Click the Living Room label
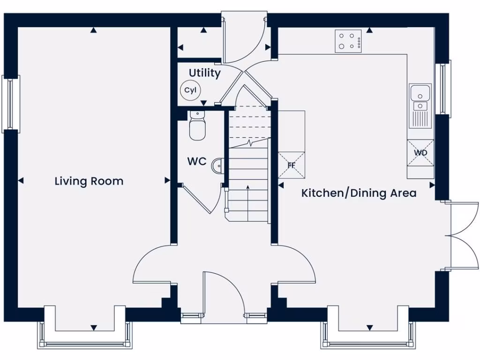89,181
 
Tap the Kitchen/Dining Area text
359,193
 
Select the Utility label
204,73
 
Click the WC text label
197,162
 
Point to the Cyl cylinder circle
190,90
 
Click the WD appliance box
420,153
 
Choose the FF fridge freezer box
291,165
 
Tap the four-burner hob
348,41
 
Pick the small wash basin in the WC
219,165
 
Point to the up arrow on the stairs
247,197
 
